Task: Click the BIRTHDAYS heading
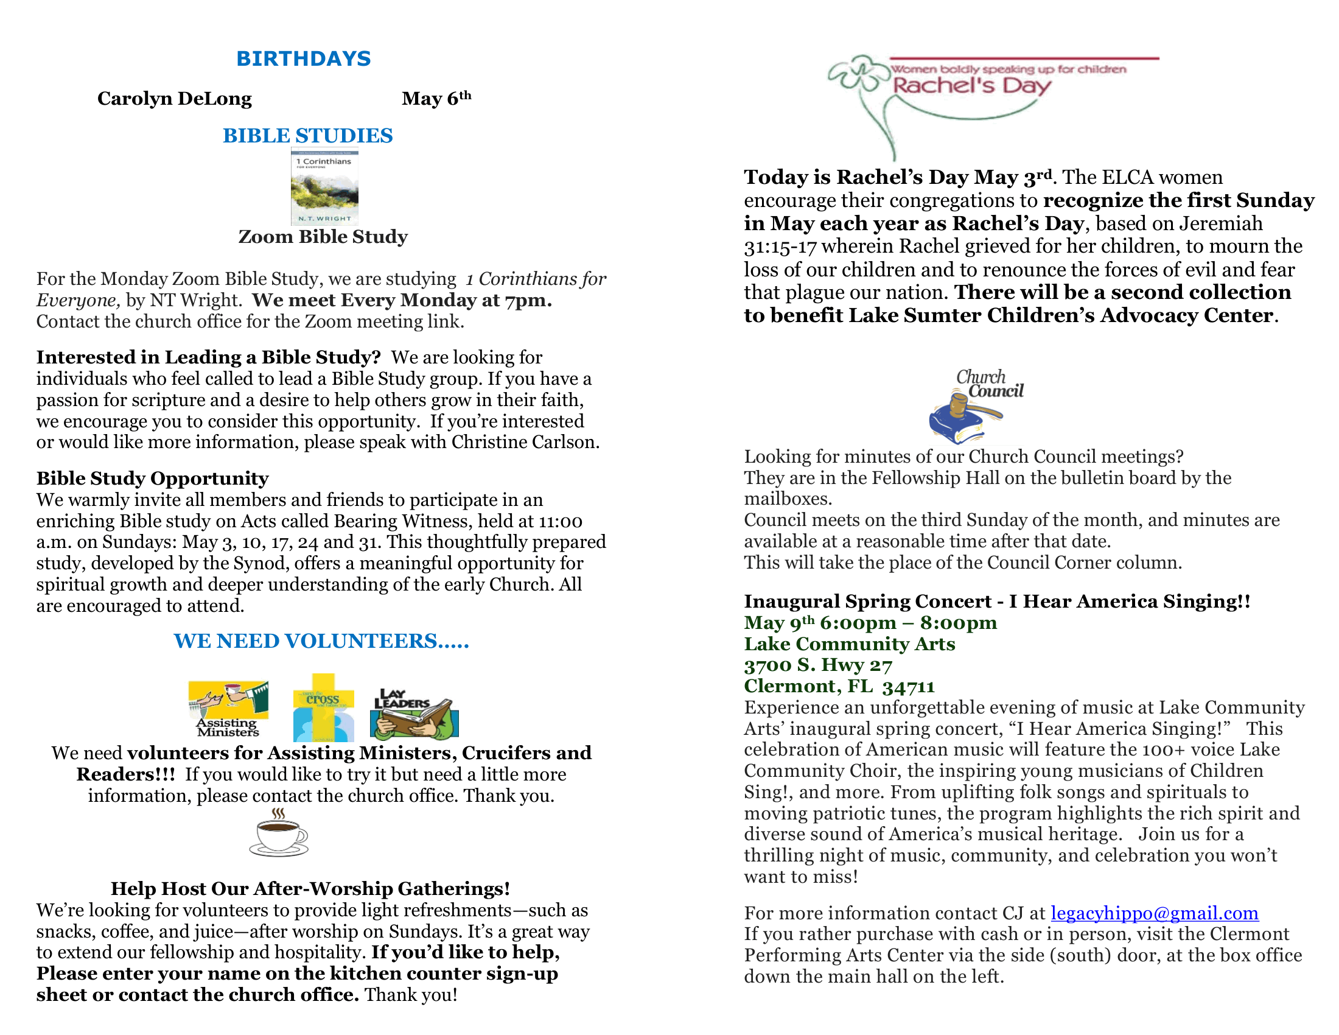click(x=304, y=58)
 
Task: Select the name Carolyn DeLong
click(x=174, y=99)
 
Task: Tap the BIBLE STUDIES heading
click(x=307, y=136)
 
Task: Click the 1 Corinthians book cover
click(x=324, y=187)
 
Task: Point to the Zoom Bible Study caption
click(x=323, y=237)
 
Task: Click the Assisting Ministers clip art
click(x=228, y=708)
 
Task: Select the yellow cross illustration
click(x=323, y=707)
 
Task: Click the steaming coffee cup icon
click(x=279, y=833)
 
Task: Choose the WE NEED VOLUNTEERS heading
click(x=321, y=641)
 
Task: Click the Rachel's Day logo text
click(x=971, y=85)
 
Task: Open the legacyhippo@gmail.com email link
click(x=1155, y=913)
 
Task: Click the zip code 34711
click(x=909, y=687)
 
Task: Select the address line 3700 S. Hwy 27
click(x=818, y=665)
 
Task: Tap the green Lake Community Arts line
click(x=849, y=644)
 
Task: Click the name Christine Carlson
click(x=524, y=442)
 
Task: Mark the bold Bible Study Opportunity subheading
click(x=152, y=479)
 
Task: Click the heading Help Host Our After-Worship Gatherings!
click(x=310, y=888)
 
